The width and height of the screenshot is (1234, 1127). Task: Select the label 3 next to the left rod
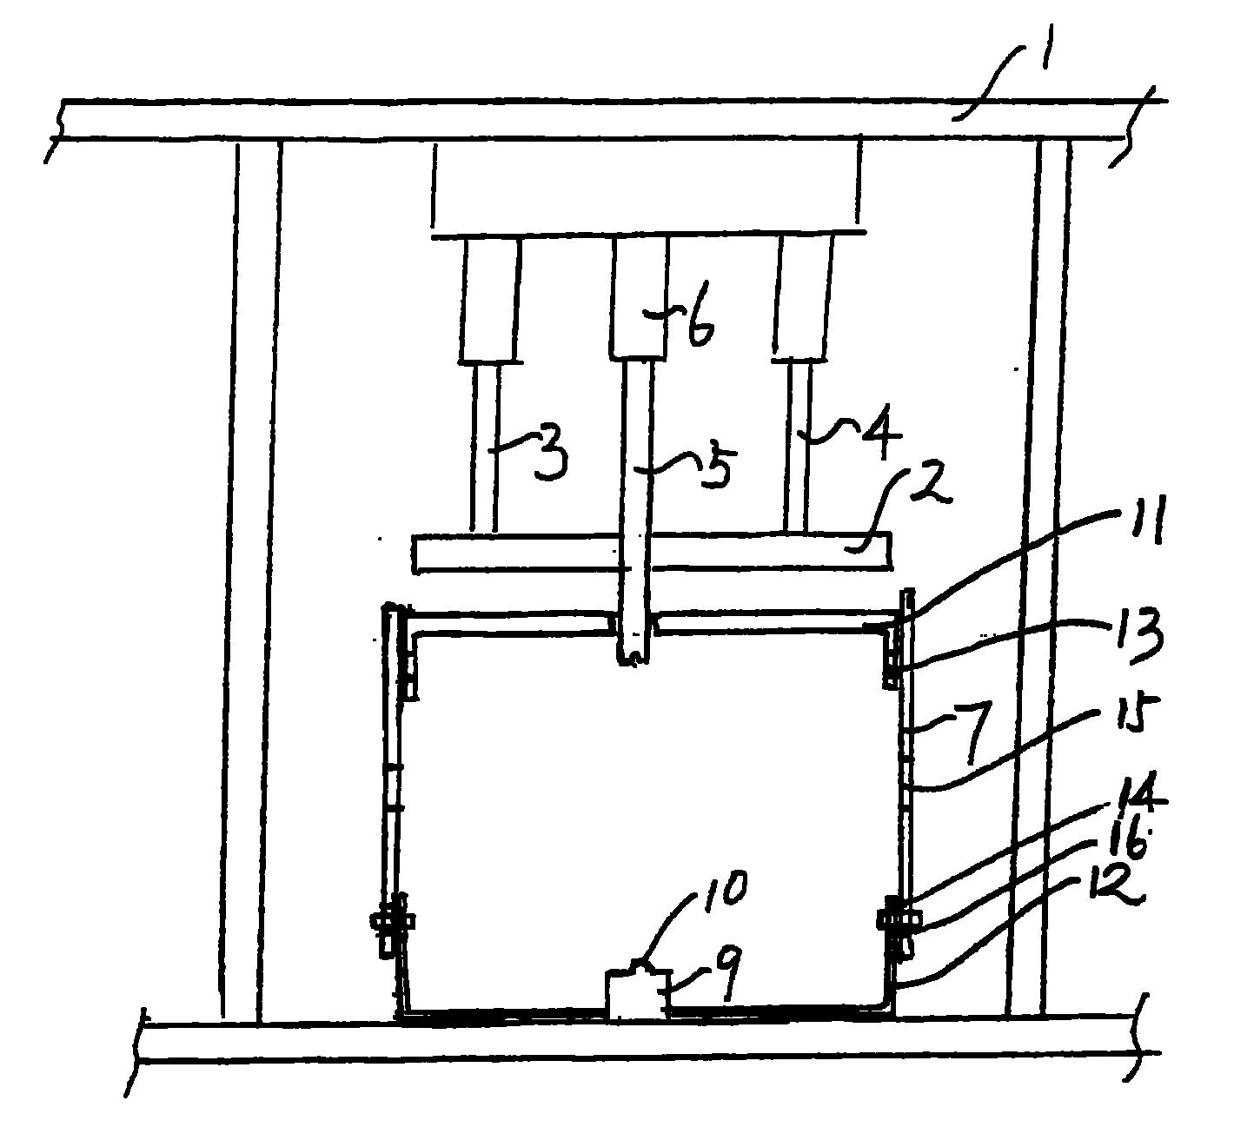(x=549, y=457)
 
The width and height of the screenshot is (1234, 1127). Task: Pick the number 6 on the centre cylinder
(x=700, y=330)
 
